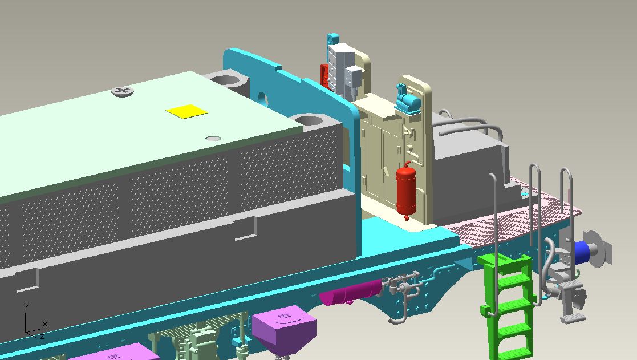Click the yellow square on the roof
tap(187, 111)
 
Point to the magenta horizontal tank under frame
tap(350, 292)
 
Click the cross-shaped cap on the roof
tap(123, 91)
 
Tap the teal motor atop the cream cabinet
tap(408, 99)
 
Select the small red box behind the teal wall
tap(324, 76)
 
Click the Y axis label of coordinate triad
tap(26, 307)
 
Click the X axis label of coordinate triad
tap(45, 323)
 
